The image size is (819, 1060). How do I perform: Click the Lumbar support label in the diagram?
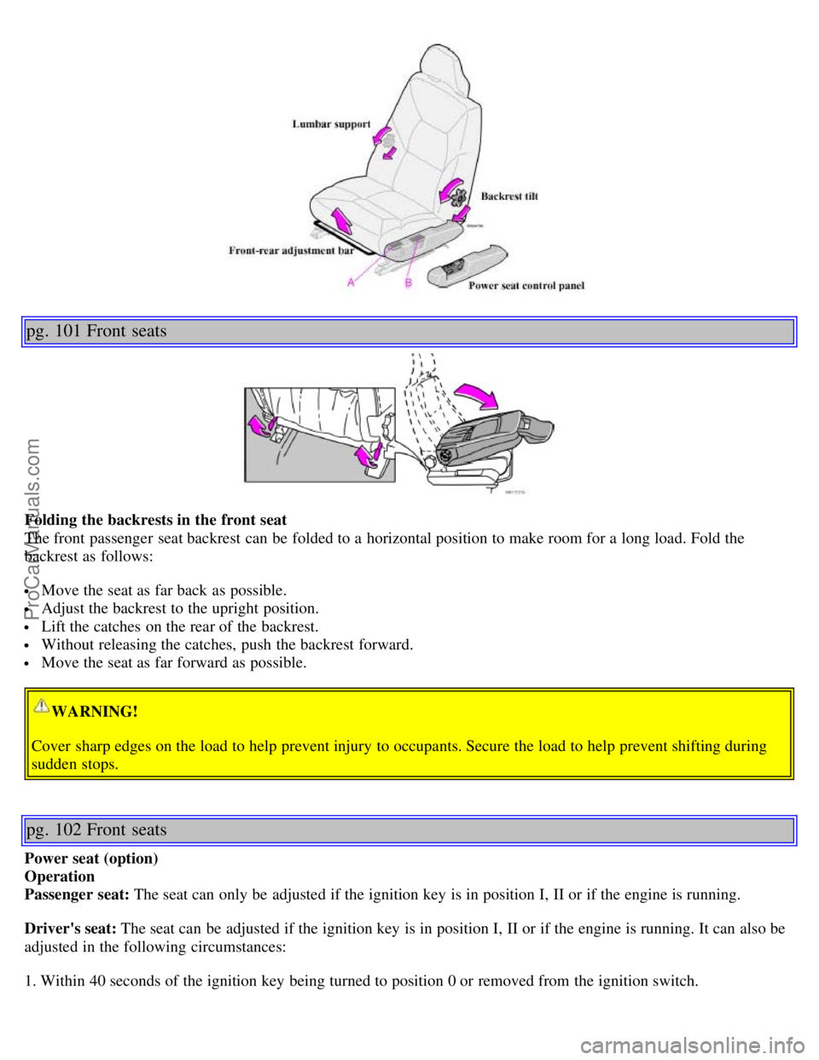331,124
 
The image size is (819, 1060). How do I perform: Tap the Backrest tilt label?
509,196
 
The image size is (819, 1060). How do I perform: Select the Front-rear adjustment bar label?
303,251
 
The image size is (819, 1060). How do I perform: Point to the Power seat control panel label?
526,286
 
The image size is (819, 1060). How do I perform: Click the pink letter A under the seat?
351,282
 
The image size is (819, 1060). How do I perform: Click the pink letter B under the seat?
409,282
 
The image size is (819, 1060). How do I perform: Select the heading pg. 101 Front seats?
96,331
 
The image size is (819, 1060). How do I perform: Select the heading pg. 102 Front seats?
96,830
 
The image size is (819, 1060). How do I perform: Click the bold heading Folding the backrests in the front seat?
156,520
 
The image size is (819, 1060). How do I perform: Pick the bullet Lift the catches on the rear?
179,626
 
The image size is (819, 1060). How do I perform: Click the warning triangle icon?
41,706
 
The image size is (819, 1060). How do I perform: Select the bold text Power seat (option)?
91,859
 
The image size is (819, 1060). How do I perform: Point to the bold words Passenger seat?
78,894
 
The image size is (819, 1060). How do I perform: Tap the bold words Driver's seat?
72,929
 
